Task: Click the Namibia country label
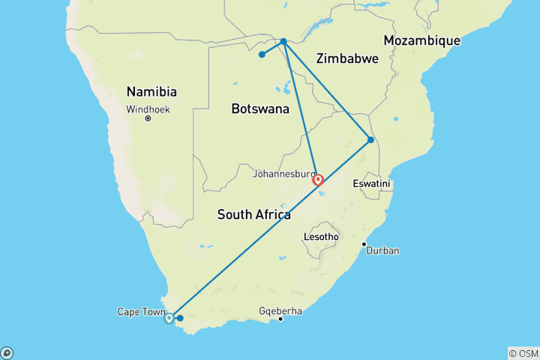pyautogui.click(x=151, y=92)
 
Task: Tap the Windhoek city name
pyautogui.click(x=148, y=109)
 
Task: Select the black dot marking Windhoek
pyautogui.click(x=148, y=118)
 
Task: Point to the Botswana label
pyautogui.click(x=259, y=109)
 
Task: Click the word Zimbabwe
pyautogui.click(x=347, y=58)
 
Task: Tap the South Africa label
pyautogui.click(x=253, y=215)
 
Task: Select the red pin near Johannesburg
pyautogui.click(x=318, y=179)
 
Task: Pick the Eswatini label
pyautogui.click(x=373, y=184)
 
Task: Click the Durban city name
pyautogui.click(x=383, y=250)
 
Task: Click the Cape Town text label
pyautogui.click(x=139, y=311)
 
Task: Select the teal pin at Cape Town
pyautogui.click(x=169, y=317)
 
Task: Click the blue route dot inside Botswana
pyautogui.click(x=262, y=54)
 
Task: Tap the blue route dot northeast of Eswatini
pyautogui.click(x=370, y=139)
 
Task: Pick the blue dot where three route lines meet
pyautogui.click(x=283, y=41)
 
